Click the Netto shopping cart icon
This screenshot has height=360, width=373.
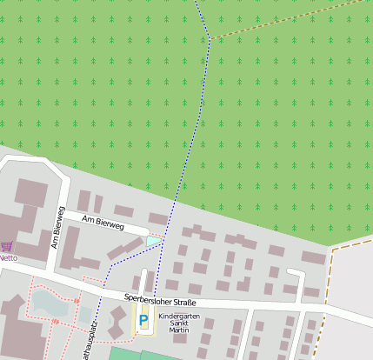7,247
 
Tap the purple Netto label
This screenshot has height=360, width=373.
9,257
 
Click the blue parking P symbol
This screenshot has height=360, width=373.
143,322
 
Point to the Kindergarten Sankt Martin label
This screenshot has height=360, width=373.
178,323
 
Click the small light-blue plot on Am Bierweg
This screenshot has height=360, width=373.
154,240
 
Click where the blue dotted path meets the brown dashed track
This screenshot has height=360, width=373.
210,37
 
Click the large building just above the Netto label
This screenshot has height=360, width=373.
31,193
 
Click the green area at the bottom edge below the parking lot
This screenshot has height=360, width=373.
130,354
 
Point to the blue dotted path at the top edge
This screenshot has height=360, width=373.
196,3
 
